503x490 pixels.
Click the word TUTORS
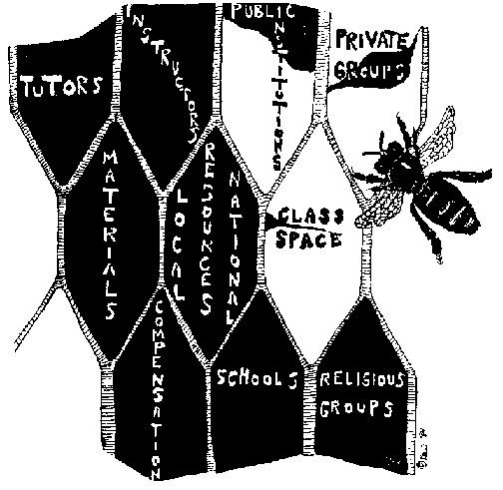(x=62, y=86)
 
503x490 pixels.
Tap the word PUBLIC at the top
(x=263, y=12)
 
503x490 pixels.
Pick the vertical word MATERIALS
(x=110, y=235)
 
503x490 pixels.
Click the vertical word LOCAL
(x=180, y=245)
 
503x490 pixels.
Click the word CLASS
(x=311, y=217)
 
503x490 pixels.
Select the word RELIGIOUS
(x=361, y=379)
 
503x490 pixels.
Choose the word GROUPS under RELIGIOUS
(x=356, y=408)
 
